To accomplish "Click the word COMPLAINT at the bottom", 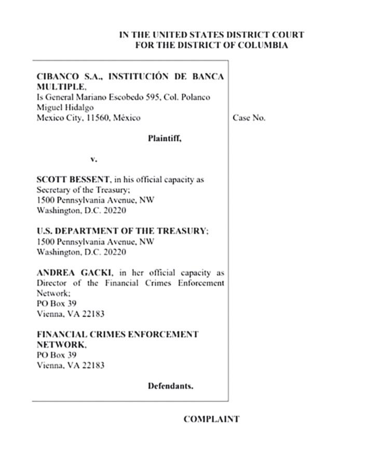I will point(211,419).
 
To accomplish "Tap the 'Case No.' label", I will point(249,118).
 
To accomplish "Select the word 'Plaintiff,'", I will point(165,139).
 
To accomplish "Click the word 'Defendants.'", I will point(170,386).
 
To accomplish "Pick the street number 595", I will point(150,97).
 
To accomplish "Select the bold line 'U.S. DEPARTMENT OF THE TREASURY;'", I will point(123,231).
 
